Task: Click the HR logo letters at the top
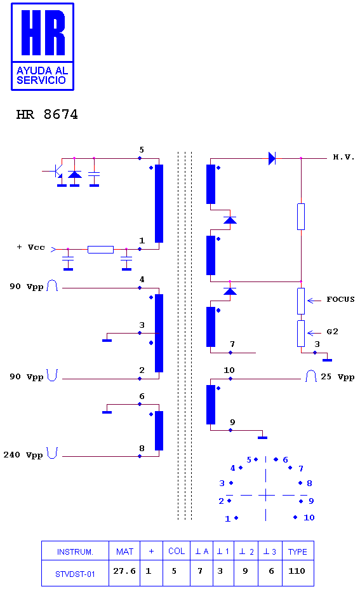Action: point(43,32)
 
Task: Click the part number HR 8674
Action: point(47,114)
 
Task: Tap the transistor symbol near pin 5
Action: point(57,172)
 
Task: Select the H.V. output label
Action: point(343,157)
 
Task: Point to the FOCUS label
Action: point(340,299)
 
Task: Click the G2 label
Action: point(332,332)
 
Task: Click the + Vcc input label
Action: point(30,247)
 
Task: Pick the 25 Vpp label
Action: point(338,377)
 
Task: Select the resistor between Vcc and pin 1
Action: point(100,250)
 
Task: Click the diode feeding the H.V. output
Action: point(272,158)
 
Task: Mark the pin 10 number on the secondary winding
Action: point(229,370)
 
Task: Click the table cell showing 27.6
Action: point(124,571)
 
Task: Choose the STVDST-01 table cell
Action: point(75,574)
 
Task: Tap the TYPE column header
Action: point(298,552)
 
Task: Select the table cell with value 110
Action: point(298,571)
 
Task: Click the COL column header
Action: point(177,551)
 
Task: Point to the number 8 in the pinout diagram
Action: point(309,483)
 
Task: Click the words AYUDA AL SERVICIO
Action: point(42,75)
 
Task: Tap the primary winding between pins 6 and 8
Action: point(159,431)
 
